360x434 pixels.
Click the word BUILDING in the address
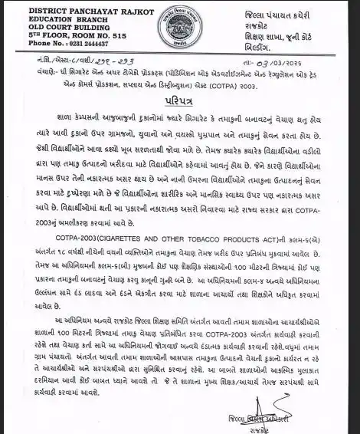point(89,27)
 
